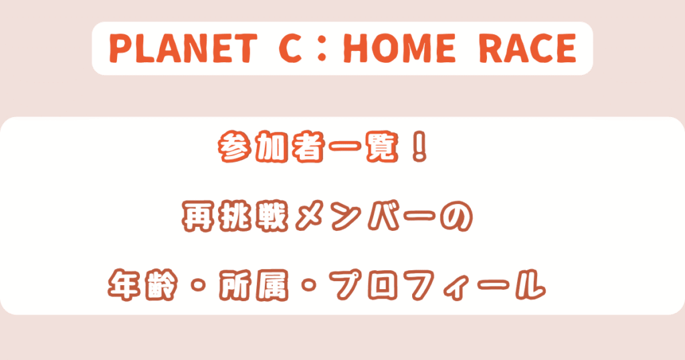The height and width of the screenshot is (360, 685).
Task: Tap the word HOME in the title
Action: pos(400,48)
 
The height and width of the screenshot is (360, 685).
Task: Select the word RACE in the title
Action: pos(528,48)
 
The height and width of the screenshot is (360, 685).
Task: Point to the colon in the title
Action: pos(322,49)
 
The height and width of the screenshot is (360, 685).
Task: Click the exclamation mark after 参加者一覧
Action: pos(419,148)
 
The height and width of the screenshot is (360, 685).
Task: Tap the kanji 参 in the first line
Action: pos(235,148)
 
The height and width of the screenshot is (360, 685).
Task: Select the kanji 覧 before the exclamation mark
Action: pos(381,148)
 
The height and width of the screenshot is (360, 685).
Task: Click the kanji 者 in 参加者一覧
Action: pos(308,148)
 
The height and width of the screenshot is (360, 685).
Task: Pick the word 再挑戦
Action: pos(235,216)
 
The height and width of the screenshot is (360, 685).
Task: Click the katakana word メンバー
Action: pos(366,216)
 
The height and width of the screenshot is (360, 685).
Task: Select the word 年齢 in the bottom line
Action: pos(144,285)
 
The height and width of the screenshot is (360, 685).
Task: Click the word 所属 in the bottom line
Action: pos(255,285)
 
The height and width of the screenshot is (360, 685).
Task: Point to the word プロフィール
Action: pos(437,285)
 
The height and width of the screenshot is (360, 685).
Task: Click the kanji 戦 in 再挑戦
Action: pos(272,216)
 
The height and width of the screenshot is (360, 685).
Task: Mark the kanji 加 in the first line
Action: pos(272,148)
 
